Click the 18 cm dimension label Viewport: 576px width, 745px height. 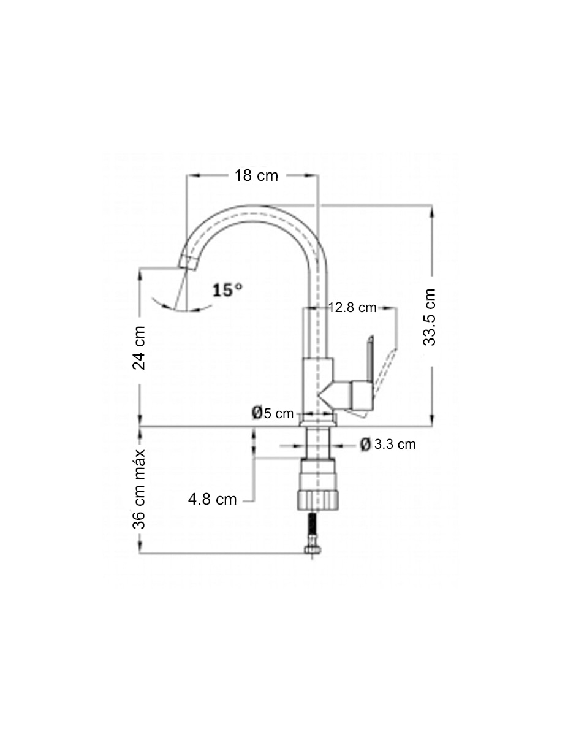click(256, 175)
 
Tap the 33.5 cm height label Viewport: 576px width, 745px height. click(429, 317)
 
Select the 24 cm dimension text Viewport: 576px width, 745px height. click(138, 348)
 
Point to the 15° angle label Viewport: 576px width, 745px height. click(227, 290)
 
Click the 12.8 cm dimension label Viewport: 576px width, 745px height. click(352, 308)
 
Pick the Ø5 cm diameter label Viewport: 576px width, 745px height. click(273, 413)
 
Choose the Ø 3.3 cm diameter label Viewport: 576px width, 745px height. click(388, 445)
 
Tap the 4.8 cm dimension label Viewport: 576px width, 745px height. click(212, 499)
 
